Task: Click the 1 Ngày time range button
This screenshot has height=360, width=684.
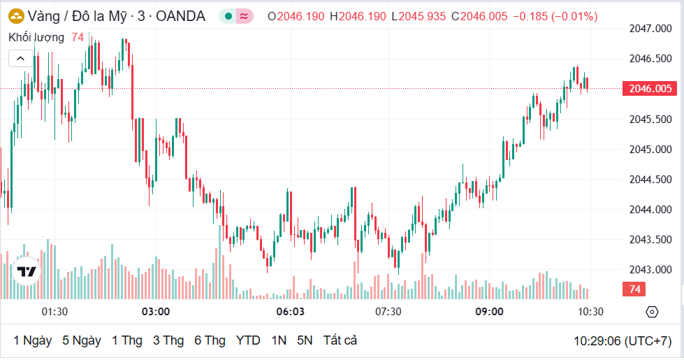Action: pyautogui.click(x=32, y=340)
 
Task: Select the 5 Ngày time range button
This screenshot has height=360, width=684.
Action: pyautogui.click(x=81, y=340)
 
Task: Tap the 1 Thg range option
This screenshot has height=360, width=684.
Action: pyautogui.click(x=126, y=340)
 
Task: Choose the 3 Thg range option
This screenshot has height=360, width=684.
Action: pyautogui.click(x=168, y=340)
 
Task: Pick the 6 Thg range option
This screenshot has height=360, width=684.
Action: pyautogui.click(x=210, y=340)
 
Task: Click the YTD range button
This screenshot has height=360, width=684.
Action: pyautogui.click(x=248, y=340)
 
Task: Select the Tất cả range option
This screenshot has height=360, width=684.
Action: pyautogui.click(x=340, y=340)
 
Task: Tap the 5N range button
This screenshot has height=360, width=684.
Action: pyautogui.click(x=305, y=340)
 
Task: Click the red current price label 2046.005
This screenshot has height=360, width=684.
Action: pyautogui.click(x=650, y=89)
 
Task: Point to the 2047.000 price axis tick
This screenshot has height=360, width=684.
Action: pyautogui.click(x=650, y=29)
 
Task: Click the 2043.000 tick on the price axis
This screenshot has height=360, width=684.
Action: pyautogui.click(x=650, y=270)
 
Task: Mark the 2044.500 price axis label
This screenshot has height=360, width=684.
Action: pyautogui.click(x=650, y=180)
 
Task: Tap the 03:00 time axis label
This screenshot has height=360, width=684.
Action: pyautogui.click(x=156, y=311)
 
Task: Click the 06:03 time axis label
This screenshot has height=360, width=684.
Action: pyautogui.click(x=291, y=311)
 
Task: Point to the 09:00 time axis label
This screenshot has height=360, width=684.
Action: pyautogui.click(x=489, y=311)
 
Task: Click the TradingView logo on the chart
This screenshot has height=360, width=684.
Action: pyautogui.click(x=27, y=272)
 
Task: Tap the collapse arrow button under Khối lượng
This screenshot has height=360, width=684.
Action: pyautogui.click(x=20, y=59)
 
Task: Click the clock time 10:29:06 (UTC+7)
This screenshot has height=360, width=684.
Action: pyautogui.click(x=622, y=341)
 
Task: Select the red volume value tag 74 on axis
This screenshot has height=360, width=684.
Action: pyautogui.click(x=635, y=289)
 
